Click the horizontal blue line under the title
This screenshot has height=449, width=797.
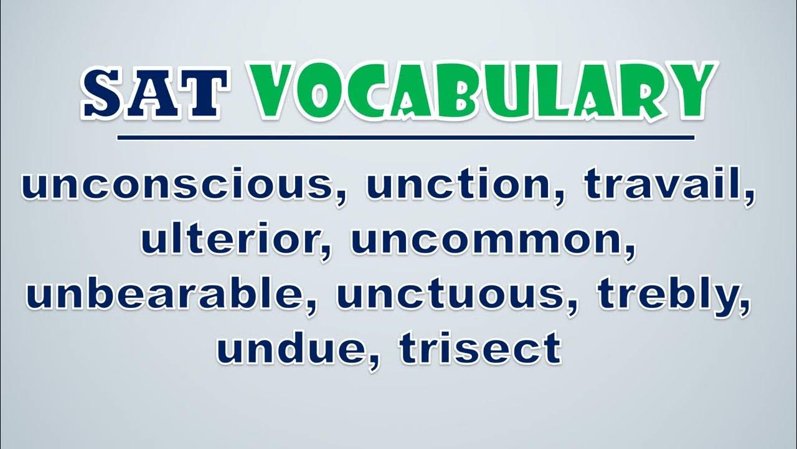[405, 138]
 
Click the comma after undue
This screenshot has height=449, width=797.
[374, 360]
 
